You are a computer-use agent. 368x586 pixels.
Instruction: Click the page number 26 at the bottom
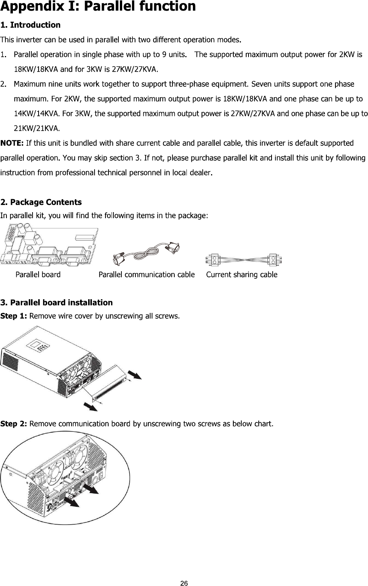coord(184,583)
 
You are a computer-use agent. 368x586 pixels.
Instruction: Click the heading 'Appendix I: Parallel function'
coord(98,6)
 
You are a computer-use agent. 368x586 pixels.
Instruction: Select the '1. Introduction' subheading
coord(31,25)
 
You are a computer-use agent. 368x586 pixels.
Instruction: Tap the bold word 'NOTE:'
coord(12,143)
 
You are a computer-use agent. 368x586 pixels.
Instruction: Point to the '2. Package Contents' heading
coord(41,202)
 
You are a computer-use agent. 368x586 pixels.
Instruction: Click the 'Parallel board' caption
coord(38,275)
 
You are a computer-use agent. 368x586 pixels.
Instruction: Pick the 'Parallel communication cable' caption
coord(147,275)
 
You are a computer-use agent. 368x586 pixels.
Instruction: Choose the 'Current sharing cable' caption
coord(242,275)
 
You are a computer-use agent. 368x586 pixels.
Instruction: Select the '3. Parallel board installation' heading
coord(57,302)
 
